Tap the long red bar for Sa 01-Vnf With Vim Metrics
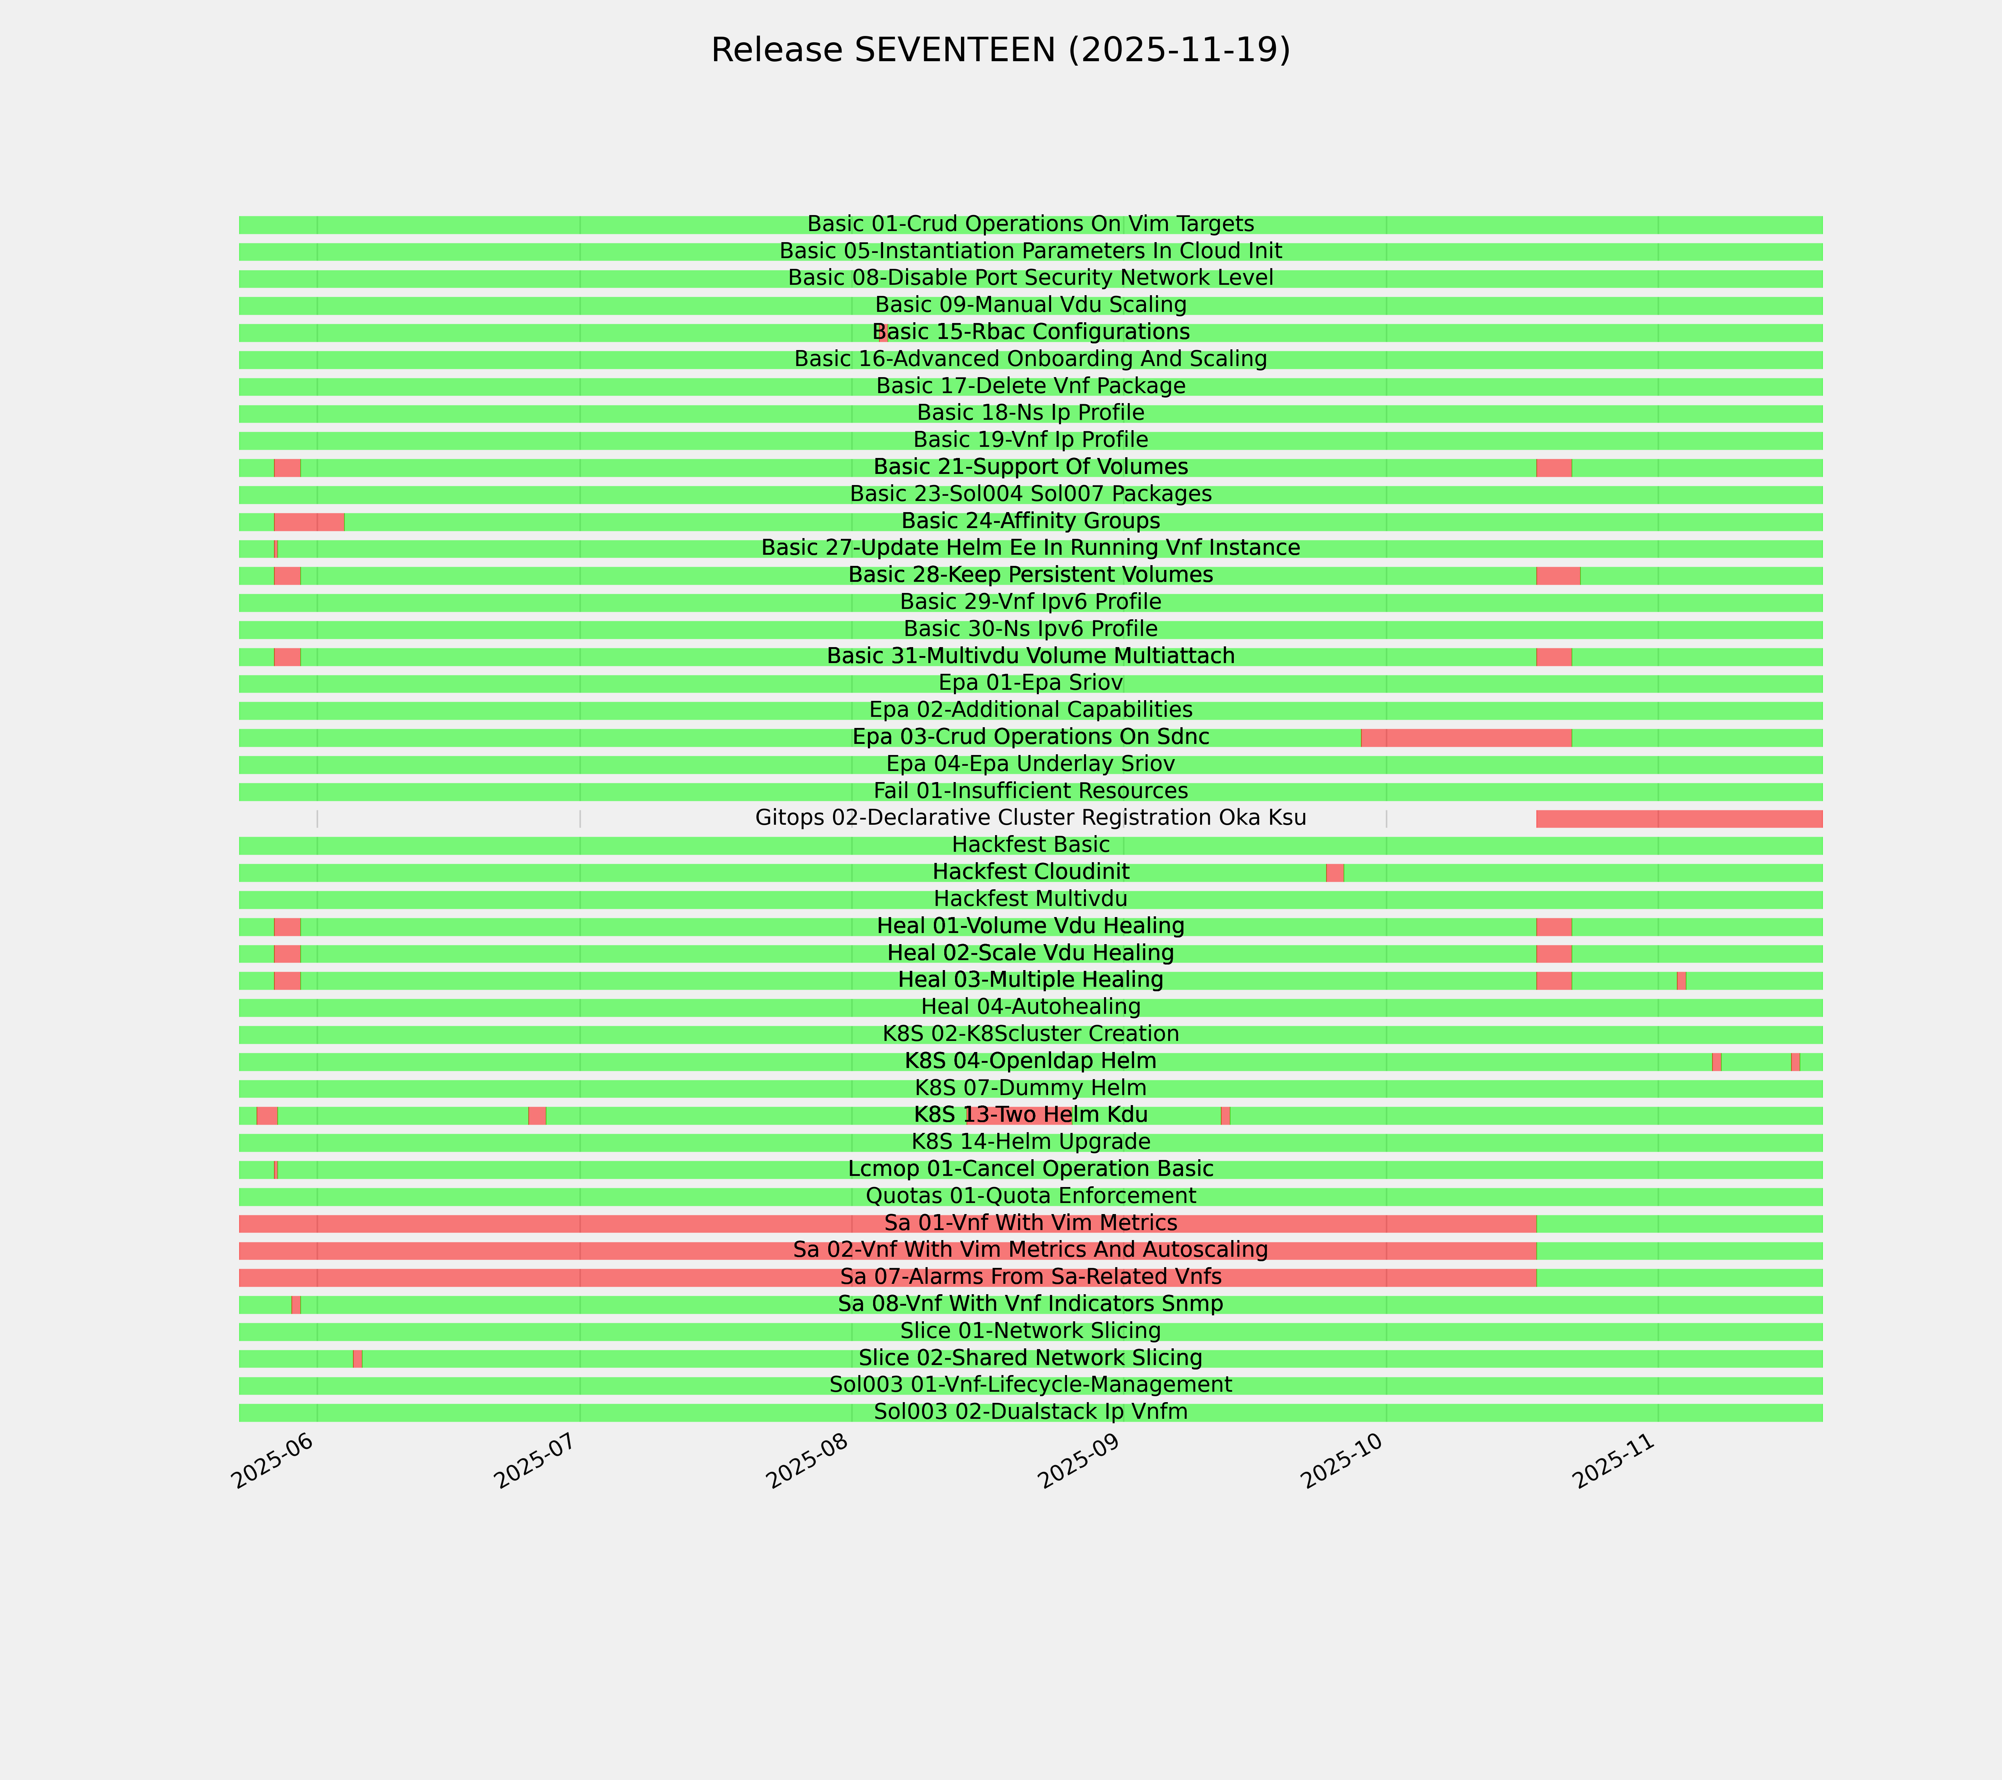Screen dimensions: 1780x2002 (685, 1224)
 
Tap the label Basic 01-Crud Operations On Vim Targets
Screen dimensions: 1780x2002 (1030, 224)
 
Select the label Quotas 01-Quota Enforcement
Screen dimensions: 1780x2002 (1030, 1196)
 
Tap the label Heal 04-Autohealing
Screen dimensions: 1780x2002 (1030, 1007)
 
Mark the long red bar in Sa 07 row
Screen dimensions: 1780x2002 (685, 1278)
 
